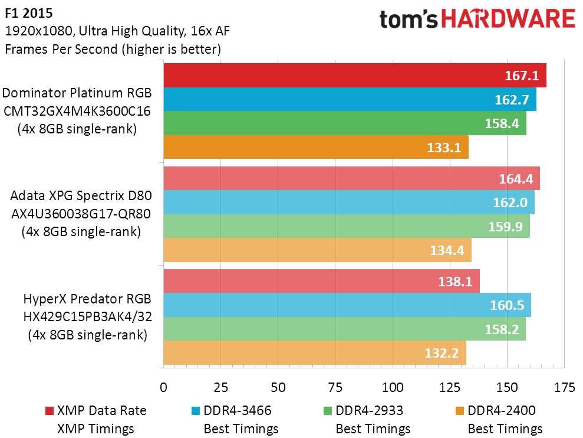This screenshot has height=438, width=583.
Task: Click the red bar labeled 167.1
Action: click(x=355, y=75)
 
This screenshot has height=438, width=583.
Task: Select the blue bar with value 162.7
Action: click(x=350, y=99)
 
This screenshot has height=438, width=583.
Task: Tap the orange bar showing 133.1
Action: click(x=316, y=147)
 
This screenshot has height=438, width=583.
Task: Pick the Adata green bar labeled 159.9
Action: click(x=347, y=226)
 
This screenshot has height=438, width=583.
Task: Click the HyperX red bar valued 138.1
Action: click(x=322, y=281)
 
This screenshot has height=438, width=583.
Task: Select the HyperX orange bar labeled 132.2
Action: click(x=315, y=353)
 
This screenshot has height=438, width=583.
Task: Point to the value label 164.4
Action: click(x=516, y=179)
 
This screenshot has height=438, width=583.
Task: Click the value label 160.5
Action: click(x=507, y=305)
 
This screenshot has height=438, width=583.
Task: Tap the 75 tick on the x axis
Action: click(x=335, y=387)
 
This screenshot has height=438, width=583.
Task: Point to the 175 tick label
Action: click(x=564, y=387)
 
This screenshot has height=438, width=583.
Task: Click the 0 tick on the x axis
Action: click(x=164, y=387)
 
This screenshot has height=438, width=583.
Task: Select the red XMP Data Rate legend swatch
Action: click(x=50, y=411)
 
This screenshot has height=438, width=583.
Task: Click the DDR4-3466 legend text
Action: click(x=237, y=410)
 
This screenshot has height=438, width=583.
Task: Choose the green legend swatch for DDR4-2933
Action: click(x=328, y=411)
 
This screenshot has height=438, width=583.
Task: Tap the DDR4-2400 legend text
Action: click(x=502, y=410)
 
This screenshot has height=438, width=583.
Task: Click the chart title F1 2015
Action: click(x=29, y=13)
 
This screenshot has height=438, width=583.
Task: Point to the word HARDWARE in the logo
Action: click(x=508, y=19)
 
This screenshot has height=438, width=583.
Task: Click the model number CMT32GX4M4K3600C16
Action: click(x=77, y=111)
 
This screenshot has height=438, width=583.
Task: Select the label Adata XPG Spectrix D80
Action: click(x=81, y=195)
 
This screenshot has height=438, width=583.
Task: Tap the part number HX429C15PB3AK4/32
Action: click(x=88, y=316)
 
